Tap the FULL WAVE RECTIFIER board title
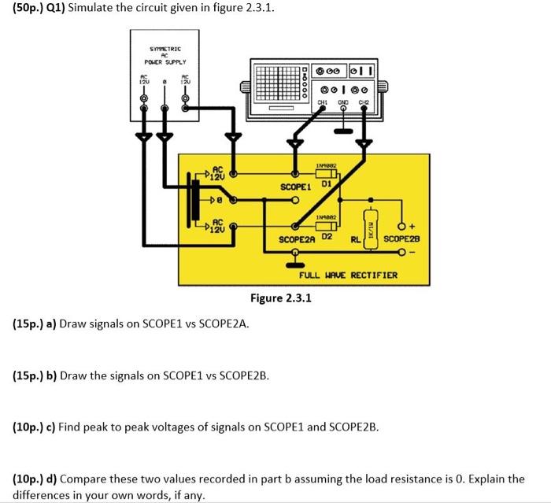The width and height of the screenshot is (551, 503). (347, 276)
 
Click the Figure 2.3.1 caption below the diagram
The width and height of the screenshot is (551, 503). (281, 298)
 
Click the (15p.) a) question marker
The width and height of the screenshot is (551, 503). (35, 324)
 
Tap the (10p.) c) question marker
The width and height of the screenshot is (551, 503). (35, 427)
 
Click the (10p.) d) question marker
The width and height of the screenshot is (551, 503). (35, 479)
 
